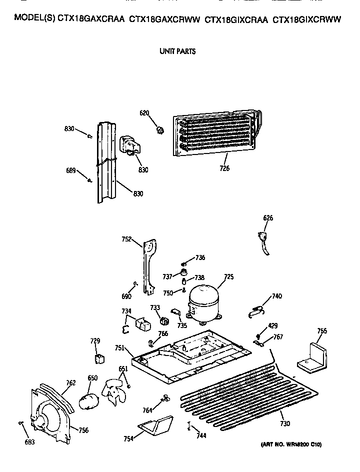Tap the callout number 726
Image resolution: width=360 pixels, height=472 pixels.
(224, 168)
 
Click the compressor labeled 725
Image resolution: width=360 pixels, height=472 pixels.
(203, 303)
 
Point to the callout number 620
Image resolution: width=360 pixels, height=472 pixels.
(144, 113)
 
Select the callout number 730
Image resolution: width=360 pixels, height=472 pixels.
(285, 424)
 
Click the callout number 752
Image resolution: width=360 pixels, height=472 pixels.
(126, 239)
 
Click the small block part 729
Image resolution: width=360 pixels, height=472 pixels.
(99, 358)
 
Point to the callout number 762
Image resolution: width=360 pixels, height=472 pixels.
(70, 383)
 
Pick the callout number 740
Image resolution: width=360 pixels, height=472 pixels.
(276, 296)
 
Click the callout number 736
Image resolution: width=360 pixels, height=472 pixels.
(200, 257)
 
